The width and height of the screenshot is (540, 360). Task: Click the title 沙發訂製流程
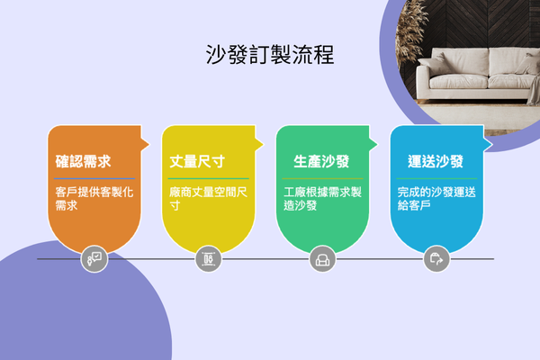pyautogui.click(x=270, y=55)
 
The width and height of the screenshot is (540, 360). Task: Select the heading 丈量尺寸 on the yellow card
pyautogui.click(x=197, y=162)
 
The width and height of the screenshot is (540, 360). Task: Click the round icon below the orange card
pyautogui.click(x=94, y=259)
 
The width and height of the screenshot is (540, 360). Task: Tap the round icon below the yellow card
pyautogui.click(x=208, y=259)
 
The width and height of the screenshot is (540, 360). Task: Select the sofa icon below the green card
pyautogui.click(x=321, y=259)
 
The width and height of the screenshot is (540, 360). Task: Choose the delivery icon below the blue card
pyautogui.click(x=436, y=259)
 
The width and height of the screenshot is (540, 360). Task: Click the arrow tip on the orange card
pyautogui.click(x=148, y=142)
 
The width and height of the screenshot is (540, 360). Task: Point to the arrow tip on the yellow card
pyautogui.click(x=261, y=142)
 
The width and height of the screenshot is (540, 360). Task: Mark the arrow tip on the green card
pyautogui.click(x=375, y=142)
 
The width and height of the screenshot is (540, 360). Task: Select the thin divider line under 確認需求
pyautogui.click(x=94, y=178)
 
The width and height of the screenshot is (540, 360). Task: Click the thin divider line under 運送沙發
pyautogui.click(x=436, y=178)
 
